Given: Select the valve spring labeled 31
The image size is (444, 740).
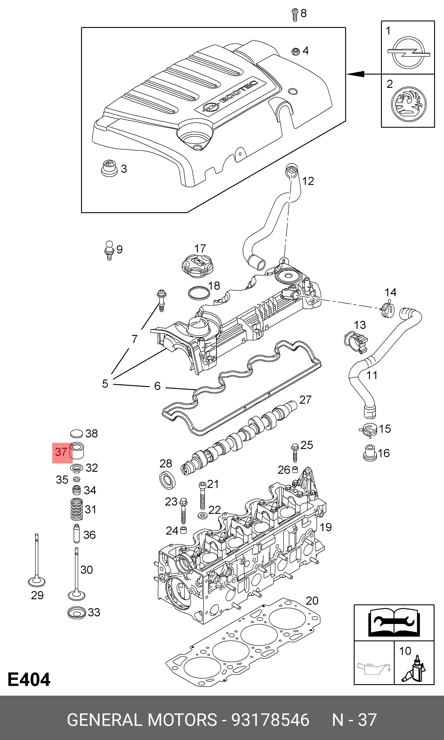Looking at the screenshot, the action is (77, 509).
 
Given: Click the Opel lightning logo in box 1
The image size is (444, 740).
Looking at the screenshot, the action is (408, 53).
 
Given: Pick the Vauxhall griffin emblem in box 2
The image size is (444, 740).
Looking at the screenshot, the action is (408, 104).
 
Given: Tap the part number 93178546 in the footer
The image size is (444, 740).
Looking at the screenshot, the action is (270, 720).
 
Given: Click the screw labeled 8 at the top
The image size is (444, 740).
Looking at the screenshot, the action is (295, 15).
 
